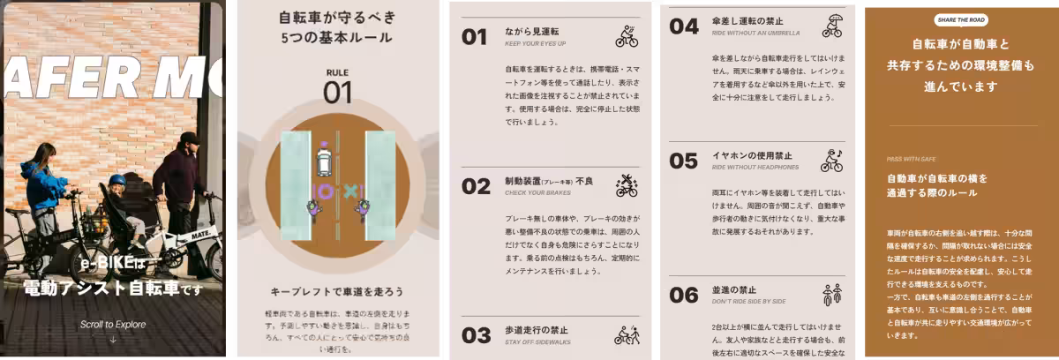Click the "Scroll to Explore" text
(x=112, y=325)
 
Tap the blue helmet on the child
(x=117, y=180)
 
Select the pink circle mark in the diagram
(x=324, y=191)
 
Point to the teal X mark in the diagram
(x=350, y=191)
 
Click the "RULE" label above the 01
(x=337, y=71)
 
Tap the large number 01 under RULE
(x=337, y=93)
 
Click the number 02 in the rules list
(x=476, y=186)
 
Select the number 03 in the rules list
(x=476, y=335)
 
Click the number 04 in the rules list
(x=684, y=26)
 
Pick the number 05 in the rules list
(x=684, y=161)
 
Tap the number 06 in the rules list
(x=684, y=295)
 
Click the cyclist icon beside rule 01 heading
(x=627, y=36)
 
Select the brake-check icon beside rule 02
(x=627, y=185)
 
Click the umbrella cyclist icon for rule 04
(x=832, y=26)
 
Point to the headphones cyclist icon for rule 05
(x=832, y=160)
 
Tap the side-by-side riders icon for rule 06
(x=832, y=294)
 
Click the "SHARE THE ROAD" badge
(x=960, y=20)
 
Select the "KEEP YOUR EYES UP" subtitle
(x=536, y=43)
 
